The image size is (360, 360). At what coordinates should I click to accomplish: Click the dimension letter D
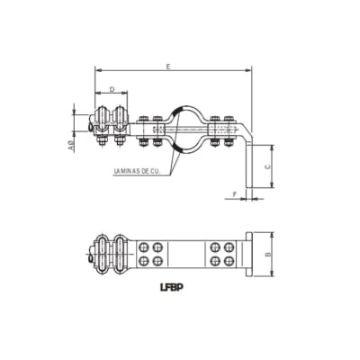click(111, 89)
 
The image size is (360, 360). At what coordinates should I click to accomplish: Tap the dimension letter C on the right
click(267, 166)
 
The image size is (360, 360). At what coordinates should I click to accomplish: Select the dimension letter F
click(234, 193)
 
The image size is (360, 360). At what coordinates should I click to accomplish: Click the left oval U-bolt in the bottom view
click(105, 253)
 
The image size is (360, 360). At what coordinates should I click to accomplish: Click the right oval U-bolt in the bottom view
click(121, 253)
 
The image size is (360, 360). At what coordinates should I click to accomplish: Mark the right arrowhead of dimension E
click(249, 69)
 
